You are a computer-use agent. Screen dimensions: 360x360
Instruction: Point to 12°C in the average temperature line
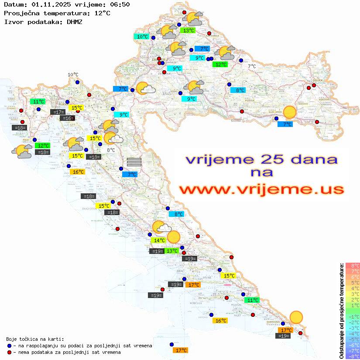(102, 13)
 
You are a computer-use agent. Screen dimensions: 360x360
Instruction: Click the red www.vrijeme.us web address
(261, 189)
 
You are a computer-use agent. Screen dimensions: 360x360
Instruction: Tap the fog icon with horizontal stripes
(134, 162)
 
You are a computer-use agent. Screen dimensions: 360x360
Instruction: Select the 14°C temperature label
(158, 240)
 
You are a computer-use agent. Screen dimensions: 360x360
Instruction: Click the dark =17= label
(58, 112)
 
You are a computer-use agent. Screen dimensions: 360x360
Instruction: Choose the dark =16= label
(67, 118)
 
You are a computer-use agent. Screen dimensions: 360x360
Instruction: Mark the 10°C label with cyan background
(142, 37)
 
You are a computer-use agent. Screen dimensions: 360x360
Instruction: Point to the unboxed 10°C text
(73, 75)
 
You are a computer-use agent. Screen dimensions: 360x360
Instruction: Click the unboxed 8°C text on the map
(111, 150)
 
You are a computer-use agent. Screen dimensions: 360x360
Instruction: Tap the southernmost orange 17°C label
(181, 350)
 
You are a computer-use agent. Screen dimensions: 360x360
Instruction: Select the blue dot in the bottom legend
(9, 346)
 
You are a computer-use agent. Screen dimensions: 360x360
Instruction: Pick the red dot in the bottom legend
(9, 352)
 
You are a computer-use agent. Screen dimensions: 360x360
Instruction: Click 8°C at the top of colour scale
(352, 265)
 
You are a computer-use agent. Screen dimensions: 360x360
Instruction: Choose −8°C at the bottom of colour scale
(352, 356)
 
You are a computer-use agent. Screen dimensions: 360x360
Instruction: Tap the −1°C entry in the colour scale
(352, 316)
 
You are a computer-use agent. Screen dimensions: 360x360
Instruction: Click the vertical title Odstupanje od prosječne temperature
(341, 311)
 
